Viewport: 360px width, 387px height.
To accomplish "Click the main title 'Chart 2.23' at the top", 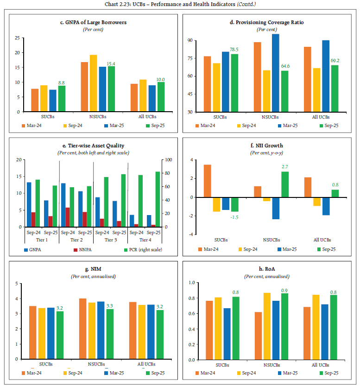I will coord(180,4).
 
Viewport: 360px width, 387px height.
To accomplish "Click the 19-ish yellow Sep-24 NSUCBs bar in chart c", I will coord(93,83).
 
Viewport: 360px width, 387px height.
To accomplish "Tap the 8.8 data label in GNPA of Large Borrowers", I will coord(62,82).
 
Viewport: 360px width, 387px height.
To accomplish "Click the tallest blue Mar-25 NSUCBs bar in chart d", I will coord(275,73).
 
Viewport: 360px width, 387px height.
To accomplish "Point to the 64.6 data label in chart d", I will coord(284,66).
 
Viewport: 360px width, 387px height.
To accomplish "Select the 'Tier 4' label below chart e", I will coord(145,240).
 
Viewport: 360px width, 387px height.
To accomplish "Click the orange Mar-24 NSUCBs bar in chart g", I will coord(82,329).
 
